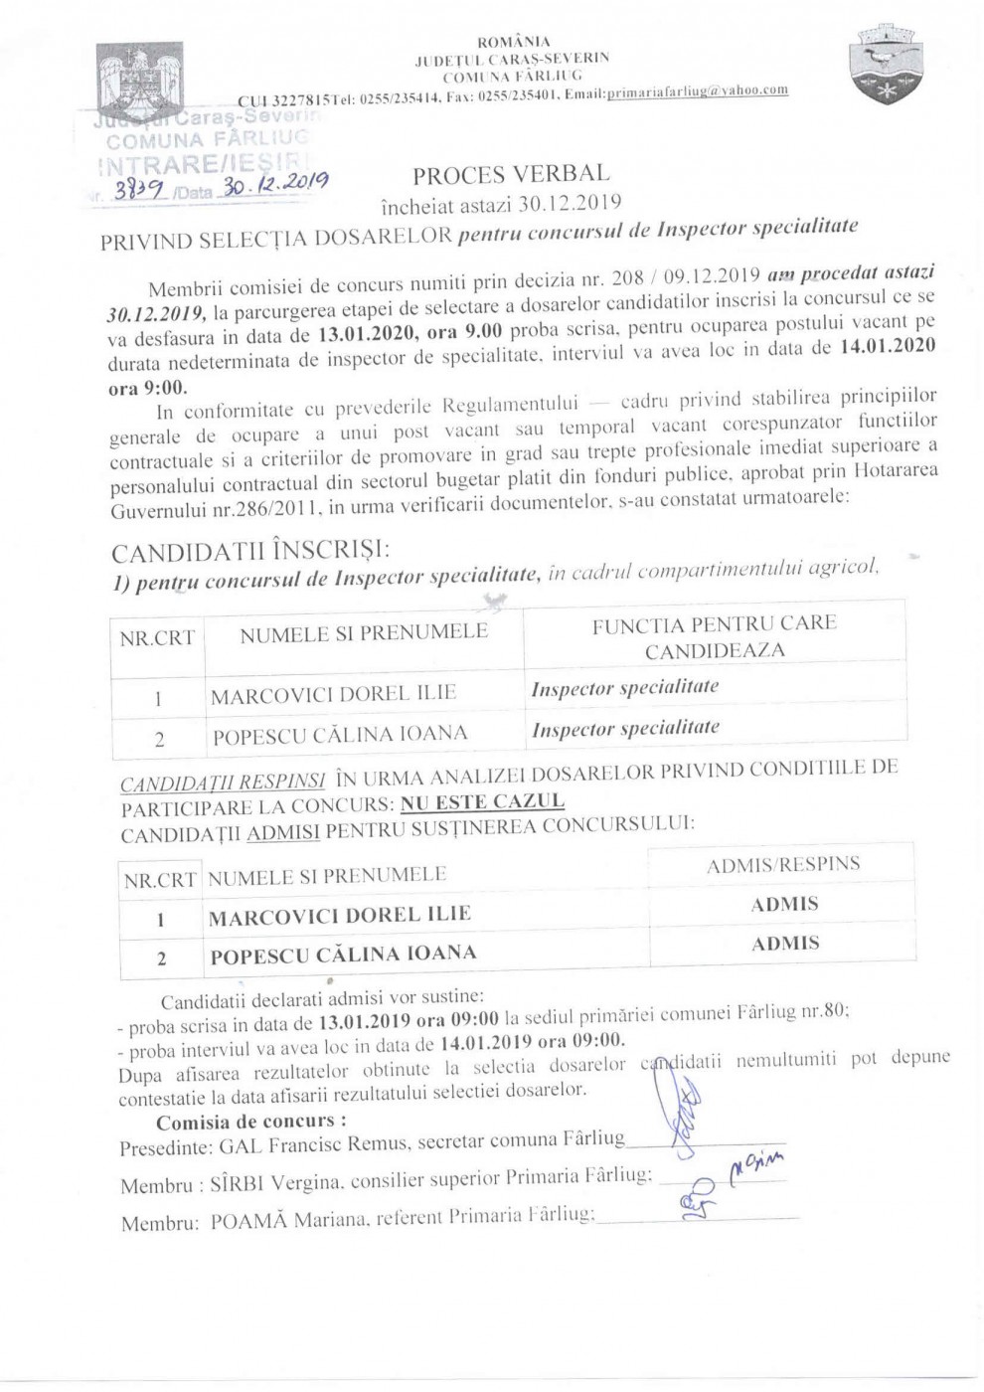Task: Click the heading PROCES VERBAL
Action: coord(511,176)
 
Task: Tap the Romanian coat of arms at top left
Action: coord(140,79)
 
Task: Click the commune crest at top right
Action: coord(883,67)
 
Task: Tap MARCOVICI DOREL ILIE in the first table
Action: coord(332,695)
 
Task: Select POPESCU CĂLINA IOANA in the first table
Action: coord(339,736)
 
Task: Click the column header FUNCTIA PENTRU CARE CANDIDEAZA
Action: coord(714,637)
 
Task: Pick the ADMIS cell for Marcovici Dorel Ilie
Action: coord(784,904)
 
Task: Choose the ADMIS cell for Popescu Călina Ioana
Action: coord(785,944)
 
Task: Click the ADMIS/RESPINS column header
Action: coord(783,865)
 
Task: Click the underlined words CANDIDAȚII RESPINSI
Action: coord(223,783)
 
